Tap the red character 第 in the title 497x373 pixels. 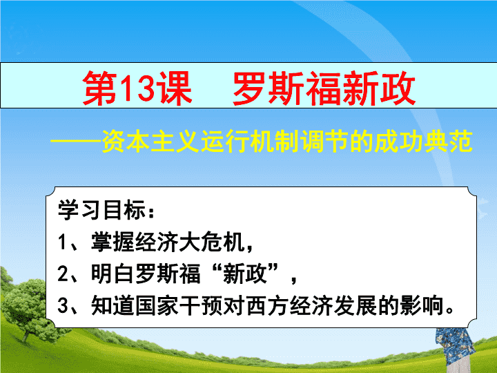(x=100, y=88)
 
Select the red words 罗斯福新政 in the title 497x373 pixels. (x=324, y=88)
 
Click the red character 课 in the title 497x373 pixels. (x=175, y=88)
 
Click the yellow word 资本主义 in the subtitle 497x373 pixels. (x=150, y=141)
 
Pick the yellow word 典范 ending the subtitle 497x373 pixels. (x=448, y=141)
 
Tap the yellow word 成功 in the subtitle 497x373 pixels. (x=398, y=141)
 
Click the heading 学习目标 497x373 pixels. (x=101, y=210)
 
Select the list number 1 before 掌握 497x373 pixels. (x=61, y=242)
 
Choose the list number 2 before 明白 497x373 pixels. (x=62, y=274)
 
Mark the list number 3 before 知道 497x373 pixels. (x=62, y=305)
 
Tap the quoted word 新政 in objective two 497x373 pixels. (x=244, y=274)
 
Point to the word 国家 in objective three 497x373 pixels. (x=157, y=305)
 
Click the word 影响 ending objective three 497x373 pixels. (x=421, y=305)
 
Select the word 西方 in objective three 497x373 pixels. (x=267, y=305)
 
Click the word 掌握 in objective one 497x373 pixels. (x=113, y=242)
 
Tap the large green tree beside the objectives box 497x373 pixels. (x=26, y=305)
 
